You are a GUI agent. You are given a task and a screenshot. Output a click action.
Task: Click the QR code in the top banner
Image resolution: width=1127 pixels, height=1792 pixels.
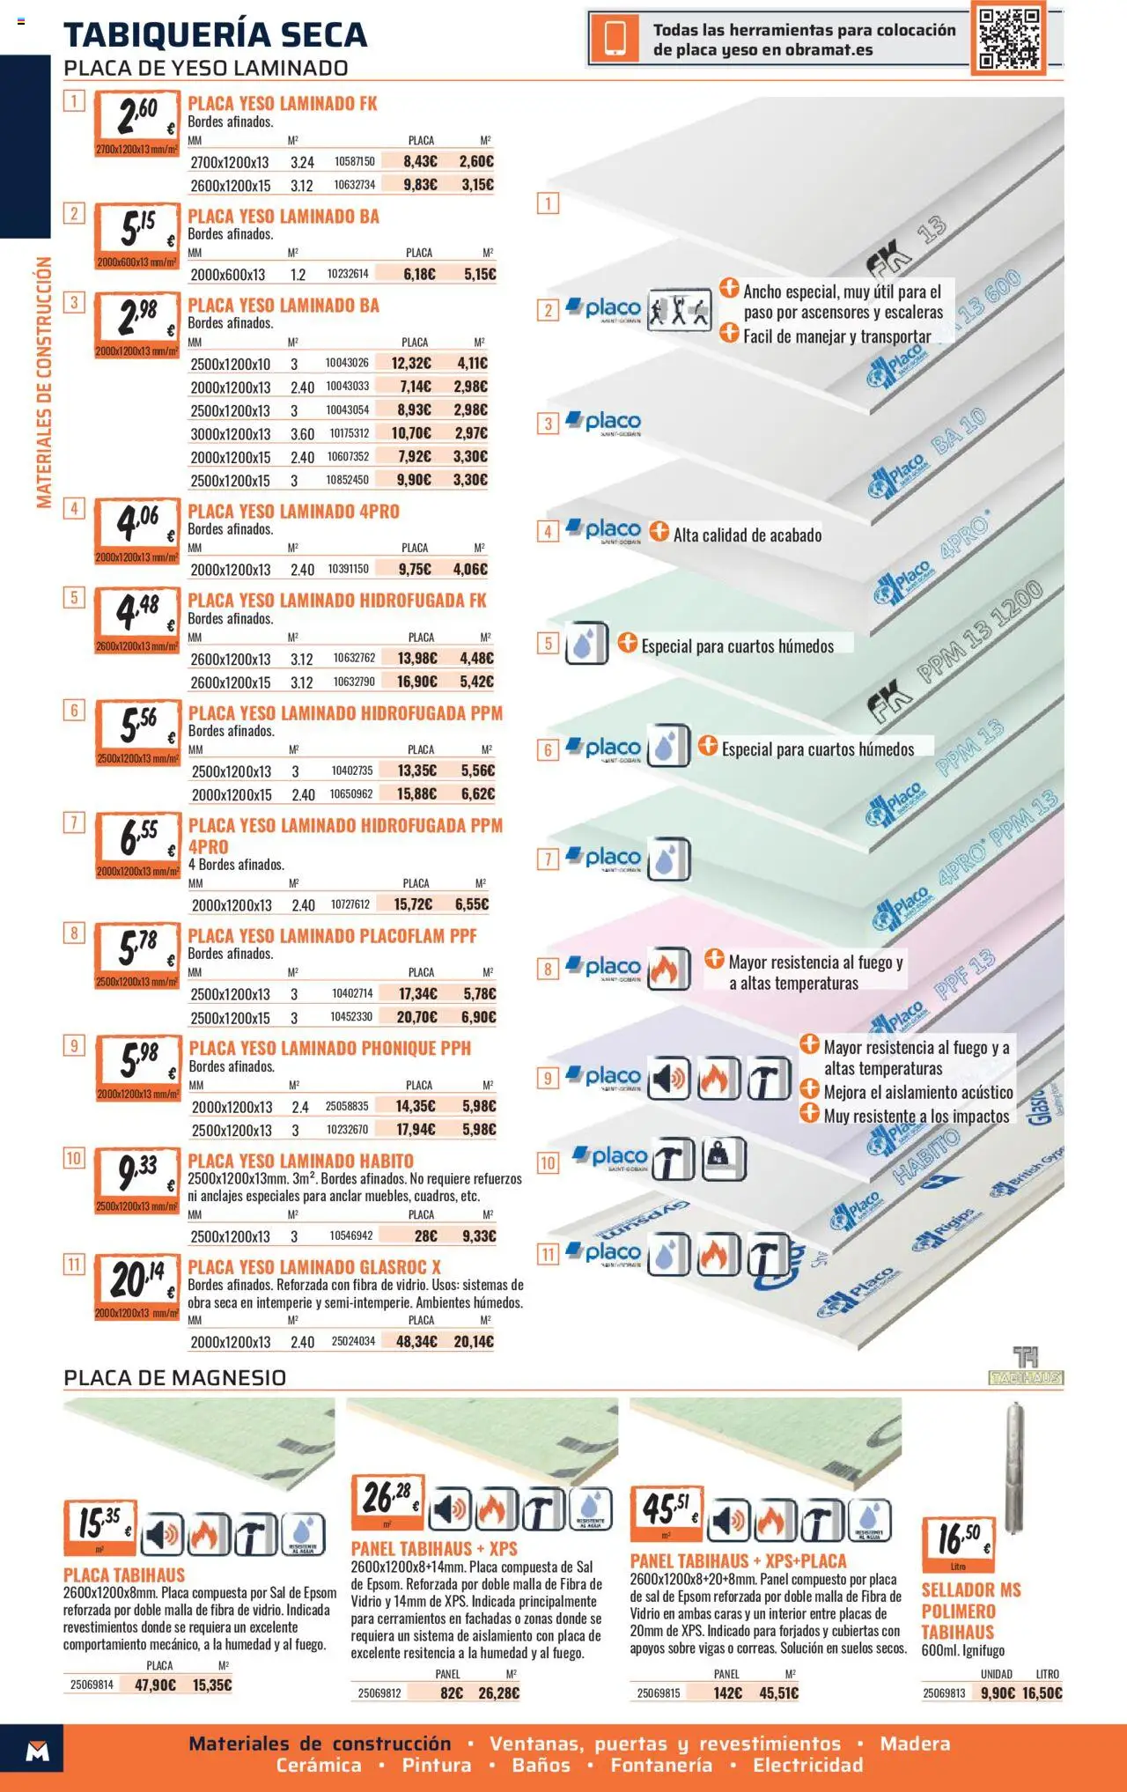[1009, 38]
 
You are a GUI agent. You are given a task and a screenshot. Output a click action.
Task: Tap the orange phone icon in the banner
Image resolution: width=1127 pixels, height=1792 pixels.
[614, 39]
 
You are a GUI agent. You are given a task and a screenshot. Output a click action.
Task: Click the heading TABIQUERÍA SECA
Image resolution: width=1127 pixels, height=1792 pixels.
[215, 35]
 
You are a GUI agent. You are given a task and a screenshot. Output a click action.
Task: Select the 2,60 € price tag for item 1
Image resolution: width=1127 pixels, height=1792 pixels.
[137, 122]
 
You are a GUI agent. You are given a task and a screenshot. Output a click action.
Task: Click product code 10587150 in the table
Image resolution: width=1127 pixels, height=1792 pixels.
[354, 162]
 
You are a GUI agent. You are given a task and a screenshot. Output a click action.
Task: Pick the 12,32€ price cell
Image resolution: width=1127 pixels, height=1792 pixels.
[411, 363]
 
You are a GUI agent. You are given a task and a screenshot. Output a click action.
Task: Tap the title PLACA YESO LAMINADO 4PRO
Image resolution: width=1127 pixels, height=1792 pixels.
[293, 512]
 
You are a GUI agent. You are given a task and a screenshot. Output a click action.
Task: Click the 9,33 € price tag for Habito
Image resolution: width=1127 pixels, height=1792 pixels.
[137, 1179]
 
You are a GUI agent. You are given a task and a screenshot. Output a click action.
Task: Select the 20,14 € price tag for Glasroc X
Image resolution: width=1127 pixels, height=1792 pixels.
[137, 1286]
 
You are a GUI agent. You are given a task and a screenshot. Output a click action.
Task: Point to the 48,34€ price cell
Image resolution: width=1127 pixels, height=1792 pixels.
[416, 1341]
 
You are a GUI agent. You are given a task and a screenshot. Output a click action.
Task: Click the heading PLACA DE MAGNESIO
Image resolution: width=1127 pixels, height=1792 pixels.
[174, 1378]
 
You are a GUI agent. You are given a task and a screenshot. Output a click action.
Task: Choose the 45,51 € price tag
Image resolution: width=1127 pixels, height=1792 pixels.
[666, 1511]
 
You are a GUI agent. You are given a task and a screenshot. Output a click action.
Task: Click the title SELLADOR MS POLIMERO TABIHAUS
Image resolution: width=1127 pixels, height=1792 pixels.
[970, 1611]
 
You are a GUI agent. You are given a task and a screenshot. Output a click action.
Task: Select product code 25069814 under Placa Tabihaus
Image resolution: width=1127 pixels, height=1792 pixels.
[92, 1685]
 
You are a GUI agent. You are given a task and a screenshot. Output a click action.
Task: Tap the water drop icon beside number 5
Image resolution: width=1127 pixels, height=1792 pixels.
[586, 644]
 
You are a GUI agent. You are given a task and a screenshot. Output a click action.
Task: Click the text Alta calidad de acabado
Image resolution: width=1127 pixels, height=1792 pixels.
[747, 535]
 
